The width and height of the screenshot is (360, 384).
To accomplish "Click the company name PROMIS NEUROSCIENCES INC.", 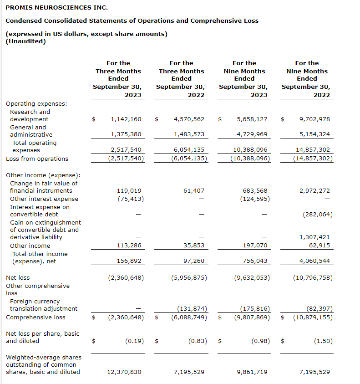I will (51, 8).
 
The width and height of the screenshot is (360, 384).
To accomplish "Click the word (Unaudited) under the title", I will (25, 41).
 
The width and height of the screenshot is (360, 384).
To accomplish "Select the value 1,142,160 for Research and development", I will (126, 119).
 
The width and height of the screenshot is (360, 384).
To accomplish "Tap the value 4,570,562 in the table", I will (189, 119).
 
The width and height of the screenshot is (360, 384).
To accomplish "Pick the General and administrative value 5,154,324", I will (314, 134).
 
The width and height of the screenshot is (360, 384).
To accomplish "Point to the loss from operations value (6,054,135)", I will (189, 159).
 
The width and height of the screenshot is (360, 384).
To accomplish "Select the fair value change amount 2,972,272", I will (314, 191).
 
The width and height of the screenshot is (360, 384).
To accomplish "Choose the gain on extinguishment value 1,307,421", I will (314, 237).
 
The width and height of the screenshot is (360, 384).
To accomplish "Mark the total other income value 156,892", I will (129, 261).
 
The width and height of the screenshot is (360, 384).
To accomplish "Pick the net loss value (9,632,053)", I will (252, 277).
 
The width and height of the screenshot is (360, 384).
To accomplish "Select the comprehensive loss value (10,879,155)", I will (313, 317).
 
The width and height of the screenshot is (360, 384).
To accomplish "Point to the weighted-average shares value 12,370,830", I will (124, 372).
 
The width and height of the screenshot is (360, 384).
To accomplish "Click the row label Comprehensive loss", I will (35, 317).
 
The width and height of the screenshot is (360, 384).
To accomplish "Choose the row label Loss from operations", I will (37, 159).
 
